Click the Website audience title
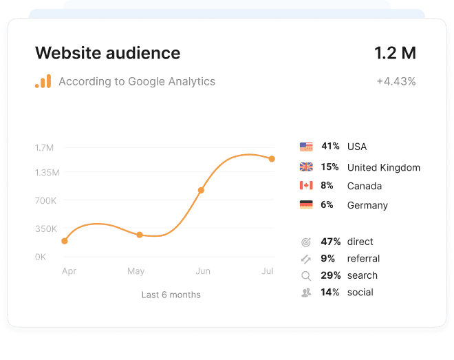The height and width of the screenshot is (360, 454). coord(107,53)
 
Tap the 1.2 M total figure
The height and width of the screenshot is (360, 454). coord(395,53)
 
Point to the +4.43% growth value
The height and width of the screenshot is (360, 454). coord(396,81)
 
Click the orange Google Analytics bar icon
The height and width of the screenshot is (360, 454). coord(43,81)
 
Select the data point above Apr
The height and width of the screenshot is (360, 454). coord(65,241)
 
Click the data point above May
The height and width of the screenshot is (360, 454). coord(139,235)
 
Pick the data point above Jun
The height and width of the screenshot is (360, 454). coord(201,190)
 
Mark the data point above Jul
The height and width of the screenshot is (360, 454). coord(272,159)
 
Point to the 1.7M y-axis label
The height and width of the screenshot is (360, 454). coord(44,147)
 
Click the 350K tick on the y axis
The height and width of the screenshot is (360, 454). coord(46,229)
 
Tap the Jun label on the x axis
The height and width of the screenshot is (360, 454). coord(203,271)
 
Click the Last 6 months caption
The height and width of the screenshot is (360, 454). coord(171,295)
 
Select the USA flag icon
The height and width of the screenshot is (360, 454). coord(306,147)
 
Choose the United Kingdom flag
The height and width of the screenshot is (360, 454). coord(306,167)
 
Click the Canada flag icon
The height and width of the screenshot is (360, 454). coord(306,186)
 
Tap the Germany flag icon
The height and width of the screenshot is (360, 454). coord(306,204)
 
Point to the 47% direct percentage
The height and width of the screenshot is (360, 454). coord(331,242)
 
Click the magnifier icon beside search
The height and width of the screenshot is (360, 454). coord(306,276)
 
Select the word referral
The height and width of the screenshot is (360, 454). coord(364,259)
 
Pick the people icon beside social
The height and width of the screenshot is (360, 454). coord(306,293)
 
